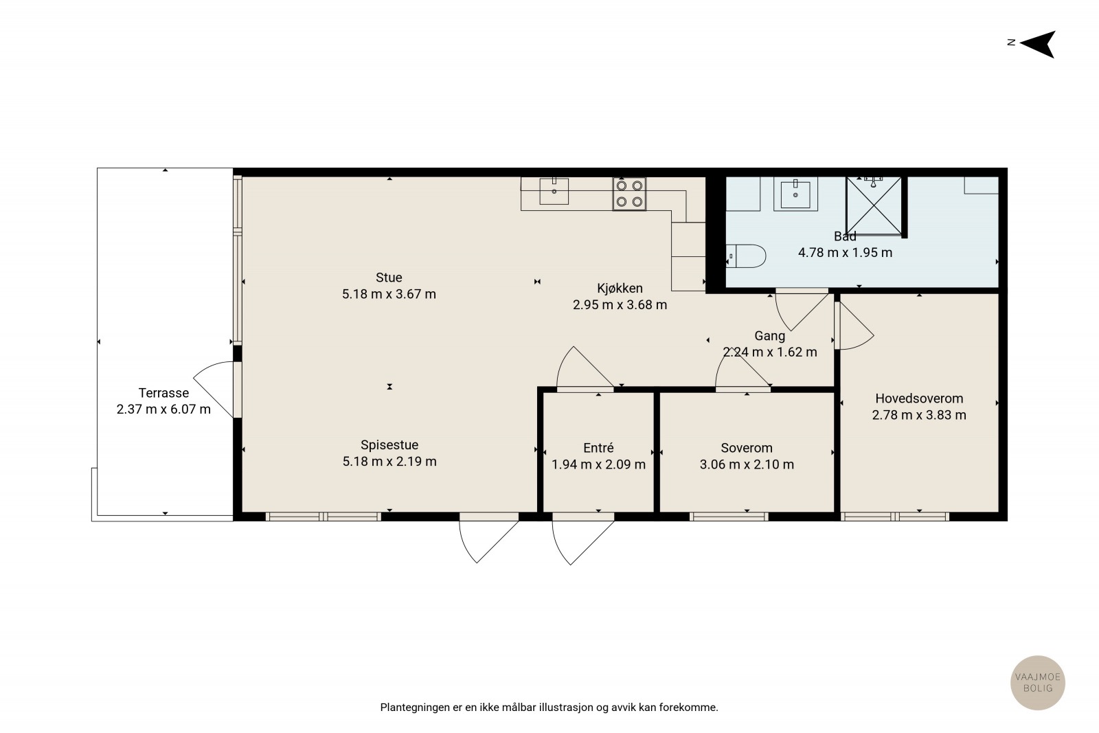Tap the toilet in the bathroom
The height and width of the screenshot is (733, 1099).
click(x=746, y=256)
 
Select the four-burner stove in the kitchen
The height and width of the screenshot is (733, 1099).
click(x=629, y=194)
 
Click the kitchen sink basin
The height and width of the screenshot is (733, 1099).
click(x=554, y=191)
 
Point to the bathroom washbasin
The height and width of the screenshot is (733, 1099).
click(x=795, y=194)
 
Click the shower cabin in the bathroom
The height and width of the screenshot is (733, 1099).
click(x=874, y=206)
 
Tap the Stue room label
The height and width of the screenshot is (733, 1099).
click(x=389, y=278)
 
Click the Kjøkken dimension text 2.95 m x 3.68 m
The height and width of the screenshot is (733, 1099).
click(x=620, y=305)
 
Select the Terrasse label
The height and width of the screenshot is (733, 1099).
click(x=163, y=393)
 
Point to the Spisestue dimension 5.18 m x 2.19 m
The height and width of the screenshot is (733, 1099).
click(x=389, y=461)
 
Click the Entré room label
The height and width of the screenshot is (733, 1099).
click(x=598, y=447)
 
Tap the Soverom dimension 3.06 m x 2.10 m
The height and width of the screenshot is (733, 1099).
click(x=747, y=464)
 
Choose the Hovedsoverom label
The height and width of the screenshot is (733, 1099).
click(x=919, y=398)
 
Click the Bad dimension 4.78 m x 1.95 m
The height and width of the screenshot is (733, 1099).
click(x=845, y=253)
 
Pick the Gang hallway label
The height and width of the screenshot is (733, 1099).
click(x=770, y=336)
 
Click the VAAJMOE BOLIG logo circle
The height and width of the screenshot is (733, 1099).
click(x=1038, y=682)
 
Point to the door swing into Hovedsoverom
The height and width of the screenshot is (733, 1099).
click(x=854, y=326)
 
